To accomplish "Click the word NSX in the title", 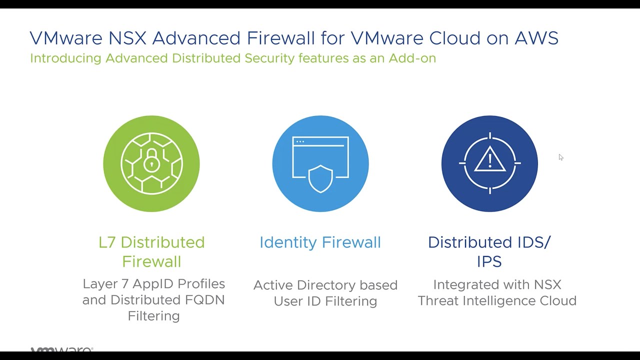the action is pos(127,38).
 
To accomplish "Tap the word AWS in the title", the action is pos(536,38).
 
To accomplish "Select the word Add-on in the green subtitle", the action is pos(412,58).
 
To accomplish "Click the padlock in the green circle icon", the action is pos(151,160).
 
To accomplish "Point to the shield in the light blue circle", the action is pos(320,179).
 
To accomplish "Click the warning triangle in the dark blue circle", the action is pos(489,159).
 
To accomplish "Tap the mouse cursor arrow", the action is pos(561,157).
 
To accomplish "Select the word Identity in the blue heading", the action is pos(288,242).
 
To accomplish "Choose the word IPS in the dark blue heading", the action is pos(489,261).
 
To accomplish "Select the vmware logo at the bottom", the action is pos(61,349).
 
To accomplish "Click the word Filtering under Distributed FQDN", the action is pos(153,316).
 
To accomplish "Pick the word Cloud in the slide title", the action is pos(455,38).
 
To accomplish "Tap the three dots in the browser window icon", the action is pos(300,141).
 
